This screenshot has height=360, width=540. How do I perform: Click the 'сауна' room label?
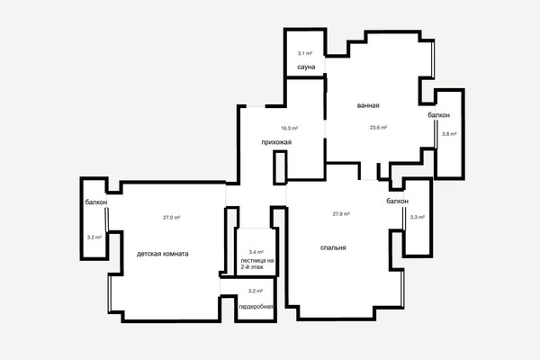pyautogui.click(x=306, y=67)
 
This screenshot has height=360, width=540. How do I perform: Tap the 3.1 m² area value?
pyautogui.click(x=305, y=53)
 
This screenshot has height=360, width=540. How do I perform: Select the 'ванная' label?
pyautogui.click(x=368, y=105)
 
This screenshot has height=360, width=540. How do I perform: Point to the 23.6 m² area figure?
pyautogui.click(x=378, y=128)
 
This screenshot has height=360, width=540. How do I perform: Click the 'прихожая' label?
pyautogui.click(x=276, y=142)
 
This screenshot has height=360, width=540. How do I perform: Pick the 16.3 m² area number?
pyautogui.click(x=289, y=128)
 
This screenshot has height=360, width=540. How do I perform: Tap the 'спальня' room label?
pyautogui.click(x=333, y=247)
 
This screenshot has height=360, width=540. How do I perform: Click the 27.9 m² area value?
pyautogui.click(x=341, y=214)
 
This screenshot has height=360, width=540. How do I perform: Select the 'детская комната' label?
pyautogui.click(x=163, y=254)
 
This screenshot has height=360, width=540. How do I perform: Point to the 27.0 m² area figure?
pyautogui.click(x=172, y=218)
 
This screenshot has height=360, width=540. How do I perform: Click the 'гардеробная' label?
pyautogui.click(x=256, y=307)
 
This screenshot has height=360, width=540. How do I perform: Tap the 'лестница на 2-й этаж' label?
pyautogui.click(x=257, y=264)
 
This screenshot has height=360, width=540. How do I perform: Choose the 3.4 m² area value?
pyautogui.click(x=256, y=252)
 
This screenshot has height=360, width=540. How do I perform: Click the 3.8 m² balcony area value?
pyautogui.click(x=449, y=134)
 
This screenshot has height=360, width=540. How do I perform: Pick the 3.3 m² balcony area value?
pyautogui.click(x=417, y=218)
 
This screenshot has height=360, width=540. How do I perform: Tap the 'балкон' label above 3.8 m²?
pyautogui.click(x=439, y=115)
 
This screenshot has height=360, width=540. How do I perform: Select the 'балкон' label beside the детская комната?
pyautogui.click(x=96, y=202)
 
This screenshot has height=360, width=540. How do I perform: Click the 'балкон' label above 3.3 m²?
pyautogui.click(x=398, y=201)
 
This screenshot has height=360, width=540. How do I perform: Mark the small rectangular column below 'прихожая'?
pyautogui.click(x=280, y=167)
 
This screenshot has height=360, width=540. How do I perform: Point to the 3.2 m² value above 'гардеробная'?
pyautogui.click(x=256, y=291)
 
